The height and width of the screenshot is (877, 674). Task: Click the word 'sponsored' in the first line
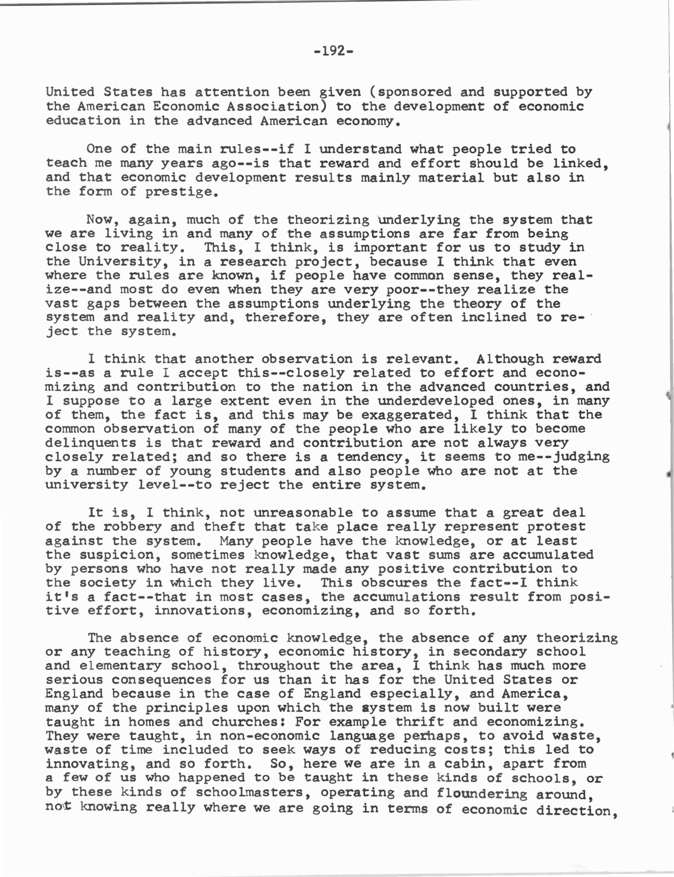[x=414, y=92]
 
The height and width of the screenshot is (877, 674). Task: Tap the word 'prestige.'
[x=182, y=192]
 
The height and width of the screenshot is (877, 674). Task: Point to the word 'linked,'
[x=580, y=163]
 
